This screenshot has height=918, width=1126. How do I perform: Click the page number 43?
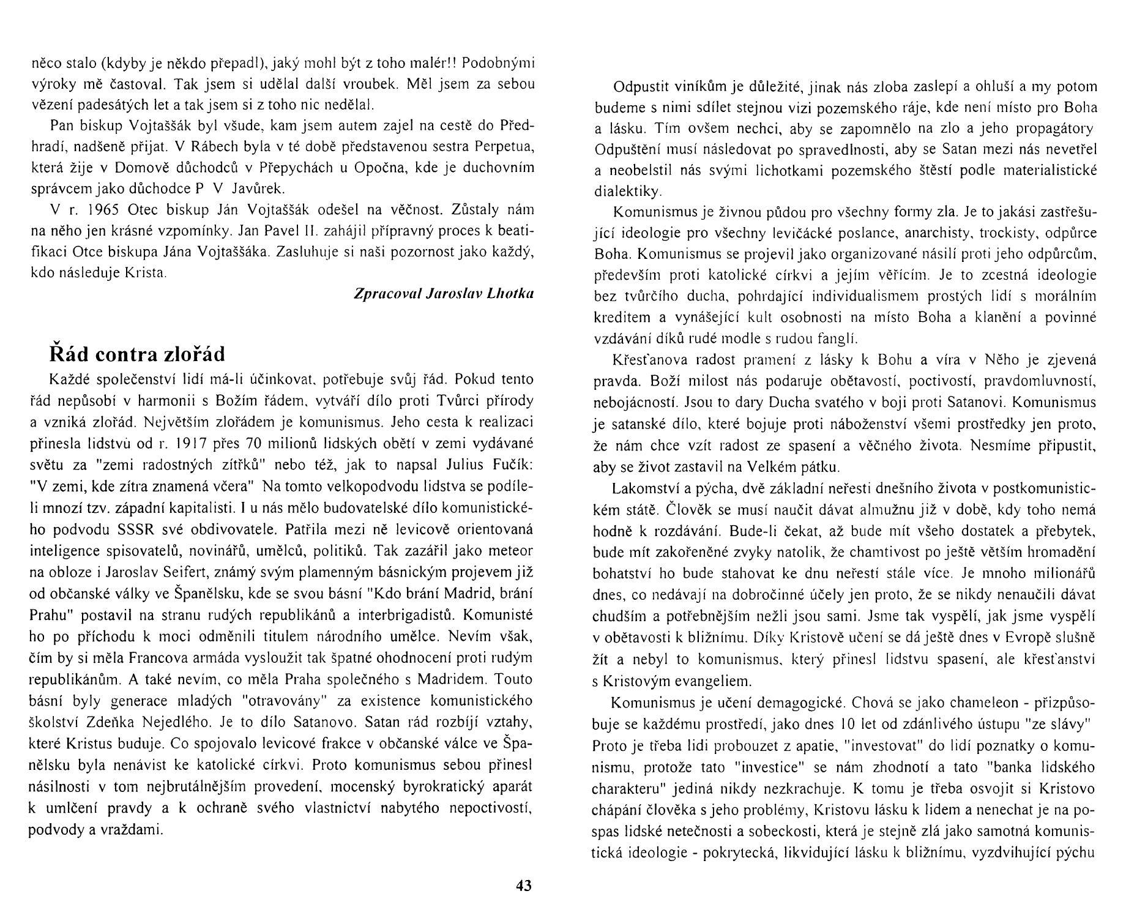524,886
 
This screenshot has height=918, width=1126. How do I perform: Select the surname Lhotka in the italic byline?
510,293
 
